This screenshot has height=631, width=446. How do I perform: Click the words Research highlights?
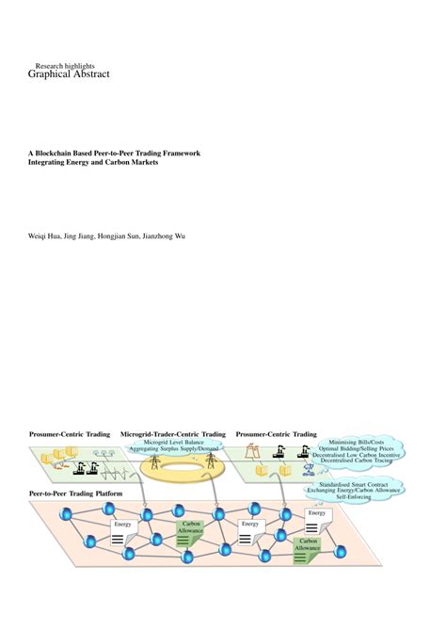click(66, 66)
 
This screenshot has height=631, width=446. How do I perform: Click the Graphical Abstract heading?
click(69, 75)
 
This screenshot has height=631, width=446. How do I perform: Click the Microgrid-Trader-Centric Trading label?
click(173, 434)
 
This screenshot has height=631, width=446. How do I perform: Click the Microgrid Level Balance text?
click(173, 443)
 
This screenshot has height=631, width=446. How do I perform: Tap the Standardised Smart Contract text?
click(354, 484)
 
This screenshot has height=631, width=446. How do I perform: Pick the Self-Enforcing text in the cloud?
click(354, 499)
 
